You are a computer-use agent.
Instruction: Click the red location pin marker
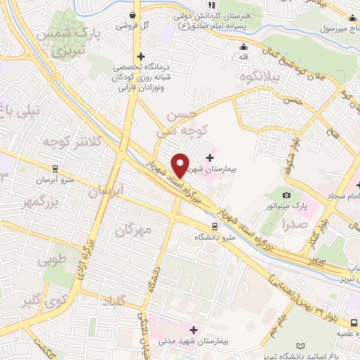pyautogui.click(x=180, y=165)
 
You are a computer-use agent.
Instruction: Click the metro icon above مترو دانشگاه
pyautogui.click(x=214, y=227)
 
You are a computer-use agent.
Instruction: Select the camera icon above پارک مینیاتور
pyautogui.click(x=285, y=195)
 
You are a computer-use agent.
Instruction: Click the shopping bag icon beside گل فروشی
pyautogui.click(x=133, y=15)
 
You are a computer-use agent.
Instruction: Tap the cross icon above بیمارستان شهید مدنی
pyautogui.click(x=193, y=330)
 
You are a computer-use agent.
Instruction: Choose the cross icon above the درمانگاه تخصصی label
pyautogui.click(x=141, y=56)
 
